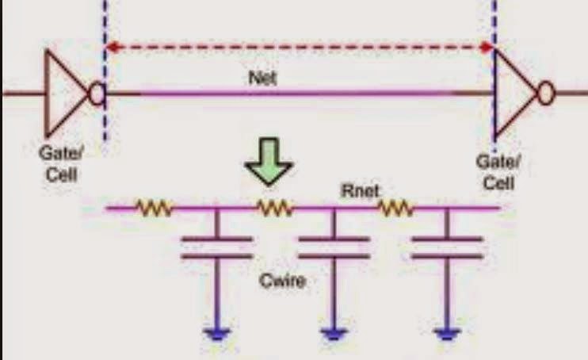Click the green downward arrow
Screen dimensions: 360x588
tap(269, 167)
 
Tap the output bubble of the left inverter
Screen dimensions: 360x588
tap(96, 94)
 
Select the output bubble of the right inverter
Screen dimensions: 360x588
tap(546, 94)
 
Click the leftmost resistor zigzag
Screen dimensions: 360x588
tap(155, 209)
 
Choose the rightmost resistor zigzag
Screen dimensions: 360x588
tap(395, 209)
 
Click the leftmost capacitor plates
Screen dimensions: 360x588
tap(216, 247)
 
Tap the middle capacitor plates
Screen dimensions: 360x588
tap(333, 247)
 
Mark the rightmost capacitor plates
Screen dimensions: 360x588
tap(446, 247)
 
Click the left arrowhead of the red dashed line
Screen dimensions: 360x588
tap(113, 48)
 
